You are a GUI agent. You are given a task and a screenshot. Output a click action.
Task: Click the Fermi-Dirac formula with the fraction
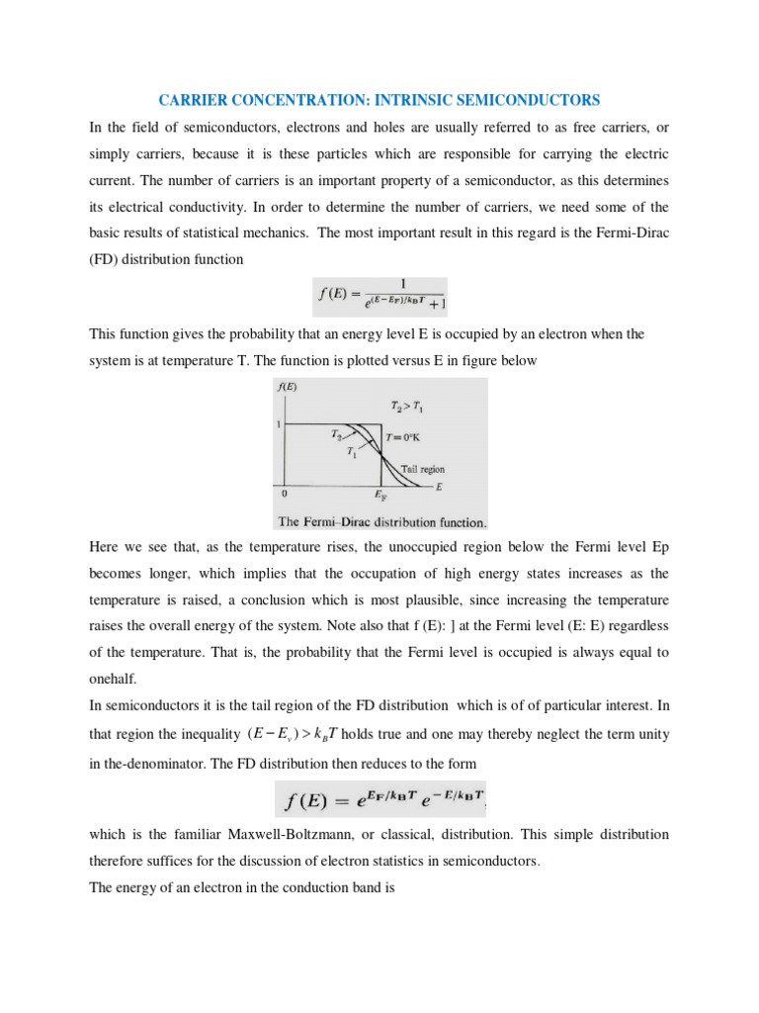tap(379, 297)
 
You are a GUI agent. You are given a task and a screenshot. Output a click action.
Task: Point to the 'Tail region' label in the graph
tap(422, 469)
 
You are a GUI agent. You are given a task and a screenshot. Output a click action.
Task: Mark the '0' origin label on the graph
tap(285, 493)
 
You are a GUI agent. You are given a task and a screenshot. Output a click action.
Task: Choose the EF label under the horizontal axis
tap(380, 495)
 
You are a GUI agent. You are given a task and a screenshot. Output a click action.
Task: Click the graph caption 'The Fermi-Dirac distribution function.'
tap(379, 521)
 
